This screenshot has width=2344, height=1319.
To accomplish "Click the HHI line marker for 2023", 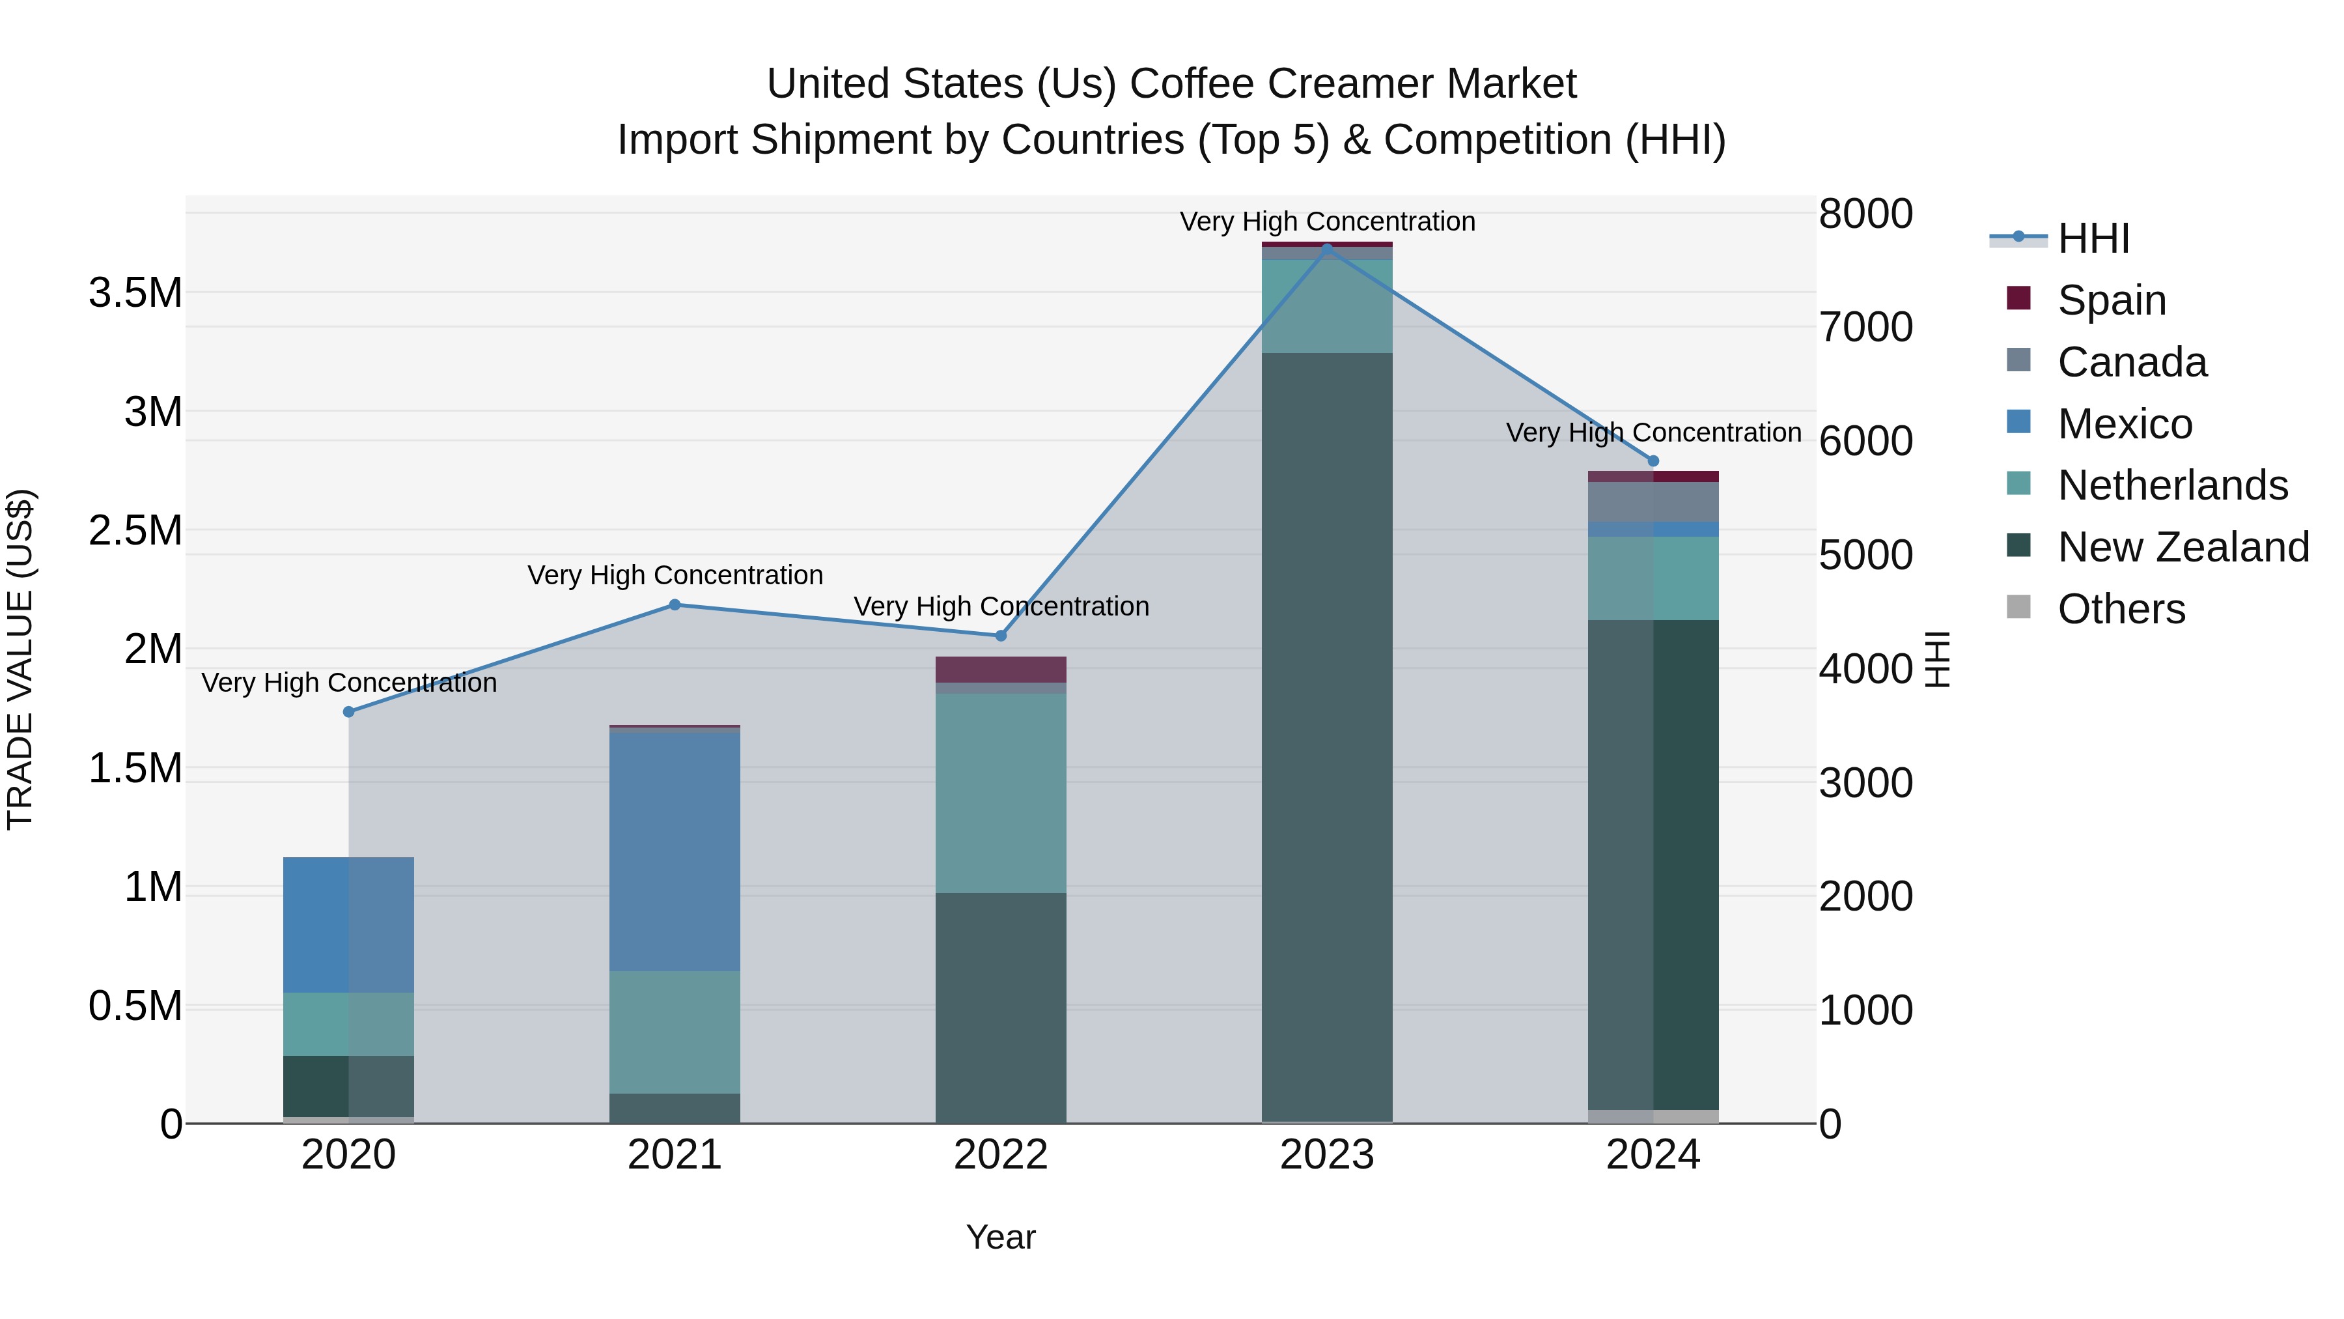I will pos(1327,248).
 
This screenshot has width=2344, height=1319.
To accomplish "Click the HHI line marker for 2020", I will pos(348,712).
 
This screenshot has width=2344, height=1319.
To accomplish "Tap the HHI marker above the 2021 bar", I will pos(675,604).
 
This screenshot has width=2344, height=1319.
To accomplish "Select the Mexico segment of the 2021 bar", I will pos(675,851).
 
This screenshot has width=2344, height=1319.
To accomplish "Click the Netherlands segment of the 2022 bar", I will pos(1000,792).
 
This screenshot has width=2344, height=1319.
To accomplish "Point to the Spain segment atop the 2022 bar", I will pos(1000,669).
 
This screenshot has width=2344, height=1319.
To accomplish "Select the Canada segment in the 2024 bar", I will pos(1653,502).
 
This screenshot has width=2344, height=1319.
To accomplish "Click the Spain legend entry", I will pos(2110,300).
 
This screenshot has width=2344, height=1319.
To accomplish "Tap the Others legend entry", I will pos(2120,609).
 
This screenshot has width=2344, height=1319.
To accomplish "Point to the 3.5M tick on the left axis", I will pos(135,293).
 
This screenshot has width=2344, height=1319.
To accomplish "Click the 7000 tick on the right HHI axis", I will pos(1865,328).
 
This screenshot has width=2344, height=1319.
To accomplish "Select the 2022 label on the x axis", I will pos(1000,1155).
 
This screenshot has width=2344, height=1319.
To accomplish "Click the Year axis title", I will pos(1000,1237).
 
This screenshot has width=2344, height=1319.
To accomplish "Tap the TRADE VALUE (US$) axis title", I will pos(20,659).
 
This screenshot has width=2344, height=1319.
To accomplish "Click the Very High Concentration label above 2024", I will pos(1653,433).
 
